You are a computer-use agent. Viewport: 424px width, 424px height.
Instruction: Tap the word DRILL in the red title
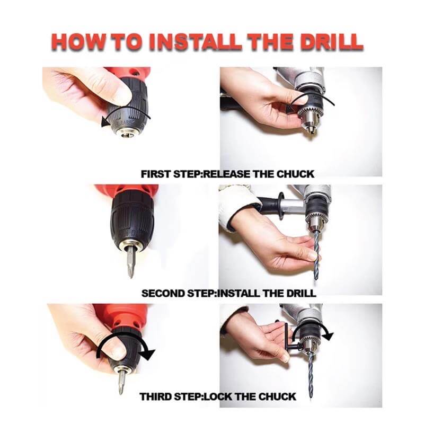coord(327,43)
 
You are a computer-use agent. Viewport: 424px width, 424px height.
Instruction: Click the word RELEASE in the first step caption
coord(226,174)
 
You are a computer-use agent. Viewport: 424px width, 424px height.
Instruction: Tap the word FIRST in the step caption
coord(155,174)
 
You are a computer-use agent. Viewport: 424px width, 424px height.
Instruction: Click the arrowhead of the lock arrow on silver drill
coord(328,335)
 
